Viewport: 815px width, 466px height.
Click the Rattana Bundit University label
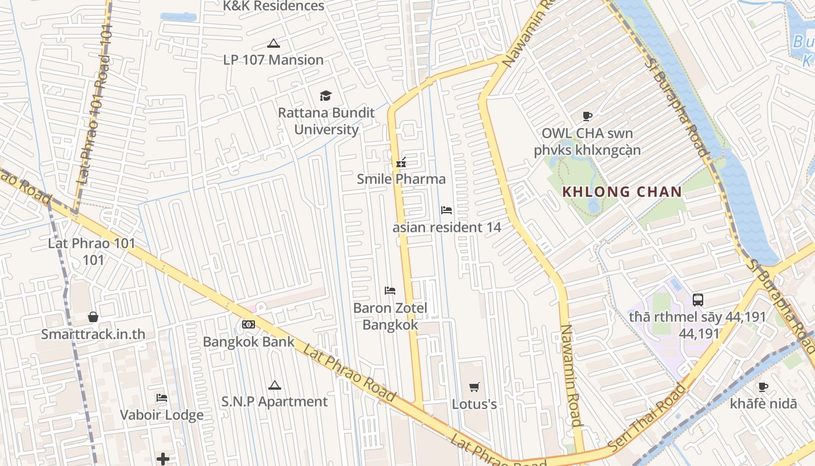pos(326,121)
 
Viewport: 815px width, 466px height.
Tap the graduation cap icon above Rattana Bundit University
pos(325,96)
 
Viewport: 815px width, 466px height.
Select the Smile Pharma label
pos(401,179)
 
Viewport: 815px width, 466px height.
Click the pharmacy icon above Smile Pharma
pos(401,163)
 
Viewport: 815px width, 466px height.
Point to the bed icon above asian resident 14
pos(447,210)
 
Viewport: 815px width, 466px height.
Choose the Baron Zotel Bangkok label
pos(390,316)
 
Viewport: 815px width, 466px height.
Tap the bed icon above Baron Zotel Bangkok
pos(390,291)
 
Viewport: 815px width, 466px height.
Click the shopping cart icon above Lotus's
pos(474,387)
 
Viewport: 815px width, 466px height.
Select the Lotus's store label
pos(474,404)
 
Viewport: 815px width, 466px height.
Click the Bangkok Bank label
pos(249,341)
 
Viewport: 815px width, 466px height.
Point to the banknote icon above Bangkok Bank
pos(249,324)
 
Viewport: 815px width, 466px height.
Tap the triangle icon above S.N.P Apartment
pos(274,385)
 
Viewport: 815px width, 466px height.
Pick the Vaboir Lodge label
pos(162,415)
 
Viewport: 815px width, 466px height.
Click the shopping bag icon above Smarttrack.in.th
pos(93,317)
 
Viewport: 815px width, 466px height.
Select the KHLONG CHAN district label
pos(622,192)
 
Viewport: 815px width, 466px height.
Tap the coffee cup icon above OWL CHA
pos(587,116)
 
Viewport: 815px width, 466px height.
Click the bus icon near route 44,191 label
pos(697,300)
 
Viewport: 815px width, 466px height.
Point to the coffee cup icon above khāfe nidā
pos(763,387)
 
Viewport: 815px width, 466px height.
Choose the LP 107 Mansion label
pos(273,59)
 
